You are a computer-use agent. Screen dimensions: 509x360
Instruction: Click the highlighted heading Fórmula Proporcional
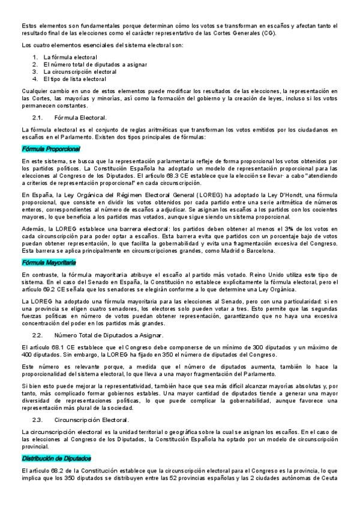tap(50, 148)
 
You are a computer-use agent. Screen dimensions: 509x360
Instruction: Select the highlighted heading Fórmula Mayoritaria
tap(49, 263)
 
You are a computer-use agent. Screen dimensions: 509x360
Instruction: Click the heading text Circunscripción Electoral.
tap(91, 420)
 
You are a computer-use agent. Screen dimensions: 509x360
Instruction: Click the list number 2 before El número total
tap(36, 64)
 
